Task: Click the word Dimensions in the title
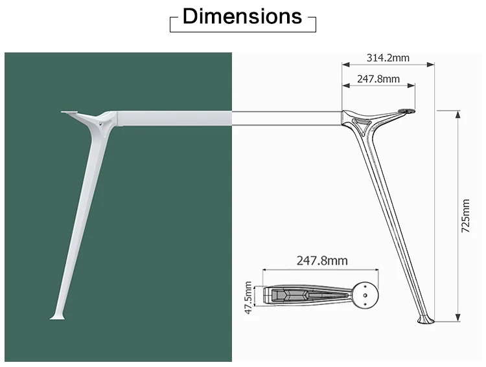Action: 242,17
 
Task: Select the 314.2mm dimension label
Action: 388,58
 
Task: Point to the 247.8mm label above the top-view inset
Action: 322,260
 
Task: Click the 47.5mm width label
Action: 248,297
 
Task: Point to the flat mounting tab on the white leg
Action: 69,113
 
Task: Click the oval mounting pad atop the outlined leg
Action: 407,112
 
